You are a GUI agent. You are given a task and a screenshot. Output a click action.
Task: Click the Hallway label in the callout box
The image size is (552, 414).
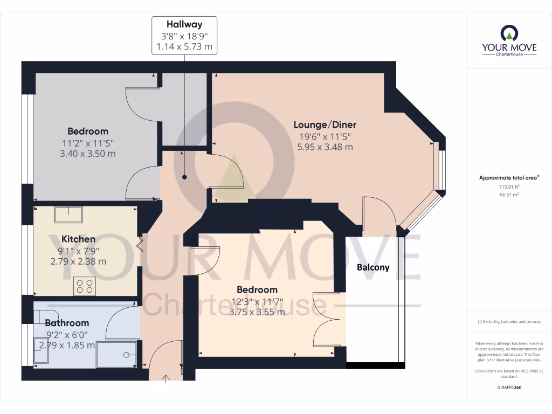tap(184, 24)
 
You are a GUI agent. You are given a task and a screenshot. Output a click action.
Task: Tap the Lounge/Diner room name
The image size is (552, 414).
tap(325, 125)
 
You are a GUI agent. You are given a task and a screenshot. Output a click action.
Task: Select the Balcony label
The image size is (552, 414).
tap(373, 267)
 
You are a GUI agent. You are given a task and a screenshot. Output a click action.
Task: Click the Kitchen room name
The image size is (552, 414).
tap(78, 239)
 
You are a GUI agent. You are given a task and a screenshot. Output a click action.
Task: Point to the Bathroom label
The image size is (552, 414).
tap(67, 323)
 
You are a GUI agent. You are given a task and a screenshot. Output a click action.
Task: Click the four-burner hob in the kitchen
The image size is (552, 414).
tap(85, 286)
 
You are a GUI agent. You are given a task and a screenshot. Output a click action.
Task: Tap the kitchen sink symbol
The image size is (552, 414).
tap(68, 215)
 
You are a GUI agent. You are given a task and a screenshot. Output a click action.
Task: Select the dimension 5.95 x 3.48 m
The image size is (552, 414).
tap(325, 147)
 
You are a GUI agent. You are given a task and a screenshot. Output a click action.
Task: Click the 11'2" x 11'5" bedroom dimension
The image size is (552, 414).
tap(87, 143)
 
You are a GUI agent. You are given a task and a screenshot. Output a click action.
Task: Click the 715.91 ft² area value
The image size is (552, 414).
tap(509, 186)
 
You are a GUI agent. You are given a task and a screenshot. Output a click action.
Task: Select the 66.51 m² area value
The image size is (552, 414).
tap(509, 195)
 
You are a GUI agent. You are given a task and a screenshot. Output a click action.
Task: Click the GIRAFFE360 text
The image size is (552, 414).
tap(509, 388)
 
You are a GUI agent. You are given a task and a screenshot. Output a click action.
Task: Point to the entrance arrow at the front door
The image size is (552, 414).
tap(165, 378)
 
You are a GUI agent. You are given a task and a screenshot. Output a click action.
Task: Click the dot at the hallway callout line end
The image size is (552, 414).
tap(184, 177)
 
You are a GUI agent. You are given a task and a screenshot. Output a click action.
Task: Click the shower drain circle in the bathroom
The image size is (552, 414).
tap(126, 355)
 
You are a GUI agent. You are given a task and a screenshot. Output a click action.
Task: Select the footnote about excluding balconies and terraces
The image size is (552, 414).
tap(509, 322)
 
